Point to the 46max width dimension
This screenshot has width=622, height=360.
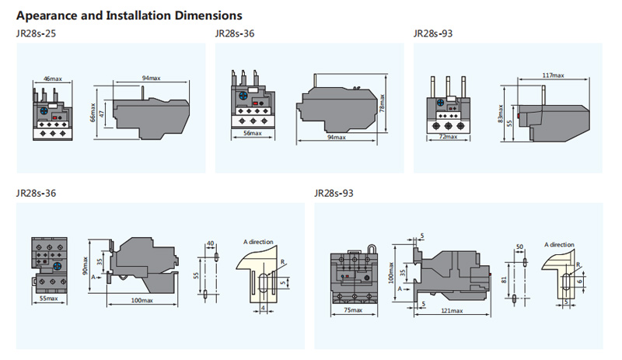[x=52, y=79]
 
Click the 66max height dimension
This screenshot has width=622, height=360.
[x=93, y=114]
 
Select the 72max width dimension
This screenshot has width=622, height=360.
[x=448, y=137]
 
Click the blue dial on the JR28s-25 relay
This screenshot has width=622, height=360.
[x=45, y=110]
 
